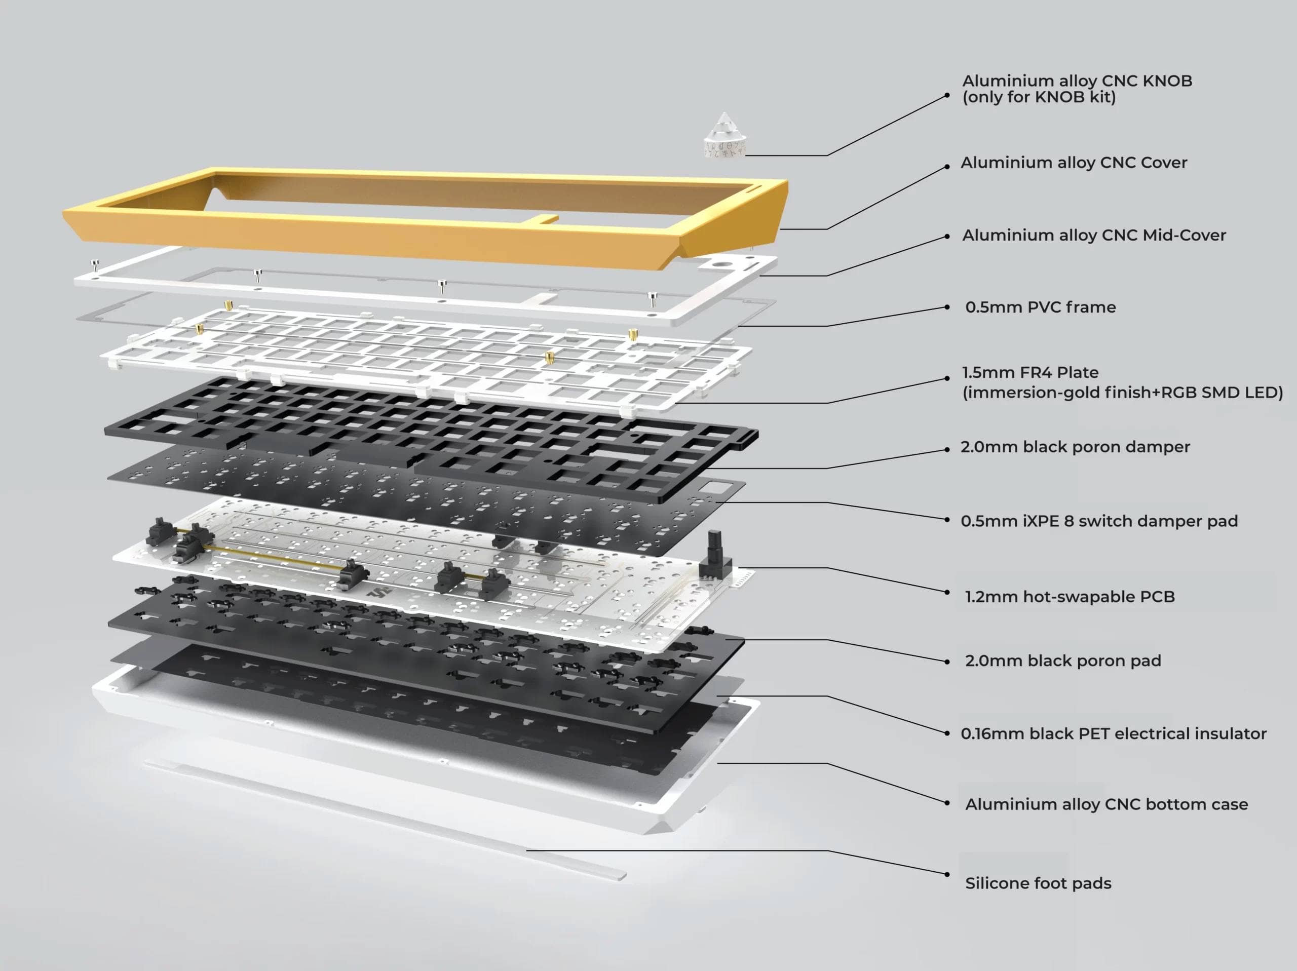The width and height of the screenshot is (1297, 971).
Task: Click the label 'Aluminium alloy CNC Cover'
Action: click(1074, 163)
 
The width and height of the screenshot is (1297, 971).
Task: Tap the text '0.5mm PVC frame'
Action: click(1040, 307)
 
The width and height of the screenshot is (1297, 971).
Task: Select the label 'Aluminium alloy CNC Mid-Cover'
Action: click(1093, 235)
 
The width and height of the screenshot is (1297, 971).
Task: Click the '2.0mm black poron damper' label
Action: click(1075, 447)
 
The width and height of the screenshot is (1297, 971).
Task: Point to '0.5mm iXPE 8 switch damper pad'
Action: click(1099, 521)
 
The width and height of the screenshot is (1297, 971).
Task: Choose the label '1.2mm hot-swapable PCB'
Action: click(1070, 596)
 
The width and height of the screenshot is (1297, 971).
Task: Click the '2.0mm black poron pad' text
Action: click(1062, 661)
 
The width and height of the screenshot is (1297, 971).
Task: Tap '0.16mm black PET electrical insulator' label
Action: click(1113, 733)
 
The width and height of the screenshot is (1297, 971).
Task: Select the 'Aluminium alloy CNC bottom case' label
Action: click(1106, 804)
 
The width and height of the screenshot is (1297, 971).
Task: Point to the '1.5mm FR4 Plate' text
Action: click(1029, 372)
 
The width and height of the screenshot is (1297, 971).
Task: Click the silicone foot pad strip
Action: click(384, 819)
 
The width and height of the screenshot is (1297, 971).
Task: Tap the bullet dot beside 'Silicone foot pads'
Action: click(947, 874)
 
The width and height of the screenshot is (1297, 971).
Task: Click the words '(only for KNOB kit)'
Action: click(1039, 97)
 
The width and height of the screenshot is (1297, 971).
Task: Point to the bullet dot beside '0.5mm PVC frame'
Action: click(947, 306)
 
